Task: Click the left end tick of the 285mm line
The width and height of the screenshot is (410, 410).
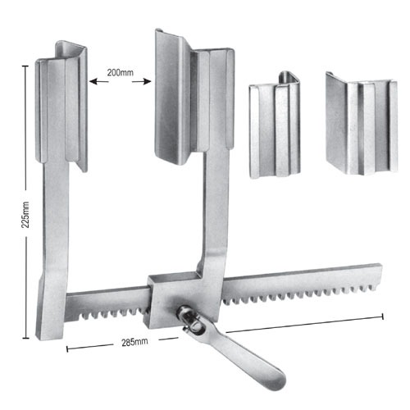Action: coord(67,348)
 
